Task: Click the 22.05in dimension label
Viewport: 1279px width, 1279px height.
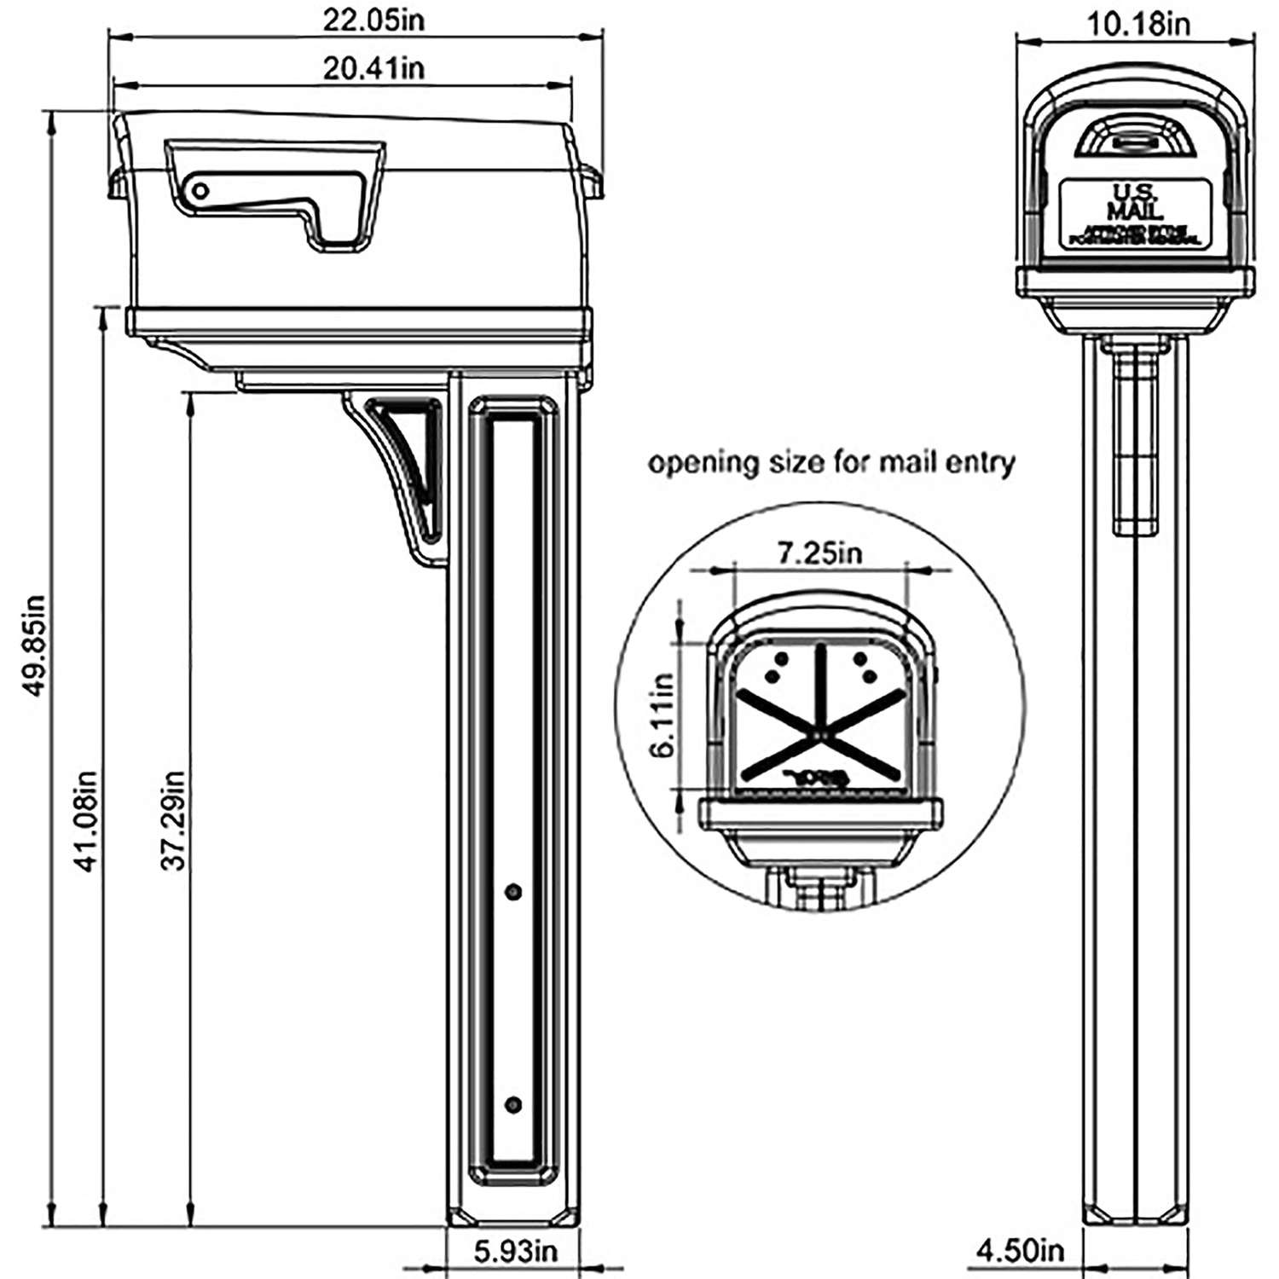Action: (373, 20)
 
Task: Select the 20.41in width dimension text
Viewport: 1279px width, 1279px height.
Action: (373, 67)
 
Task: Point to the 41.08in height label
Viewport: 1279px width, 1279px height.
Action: (87, 820)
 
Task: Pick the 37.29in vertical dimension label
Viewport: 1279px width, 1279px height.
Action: (173, 820)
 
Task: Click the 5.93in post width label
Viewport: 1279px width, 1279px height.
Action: (515, 1251)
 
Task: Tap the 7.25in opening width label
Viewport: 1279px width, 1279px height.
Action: (819, 553)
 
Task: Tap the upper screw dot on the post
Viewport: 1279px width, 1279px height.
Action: (512, 892)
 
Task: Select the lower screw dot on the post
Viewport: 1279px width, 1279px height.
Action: (512, 1104)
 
